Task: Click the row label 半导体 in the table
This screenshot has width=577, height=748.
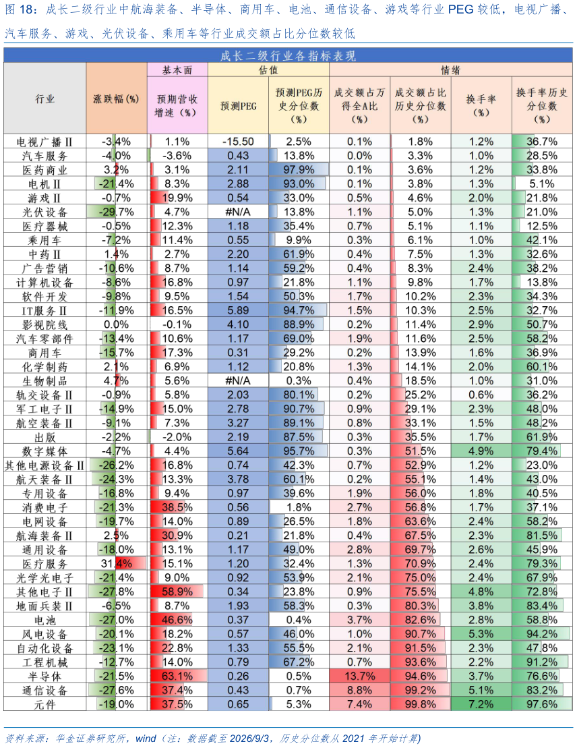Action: (44, 677)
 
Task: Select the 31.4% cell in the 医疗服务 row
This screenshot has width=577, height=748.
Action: (117, 564)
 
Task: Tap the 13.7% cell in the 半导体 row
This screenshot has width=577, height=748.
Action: (359, 677)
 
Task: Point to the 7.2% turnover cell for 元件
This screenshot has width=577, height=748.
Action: (481, 705)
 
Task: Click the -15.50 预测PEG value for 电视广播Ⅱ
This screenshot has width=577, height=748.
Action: (238, 142)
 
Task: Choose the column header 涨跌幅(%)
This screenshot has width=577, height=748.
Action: (117, 99)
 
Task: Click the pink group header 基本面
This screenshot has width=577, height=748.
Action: (177, 70)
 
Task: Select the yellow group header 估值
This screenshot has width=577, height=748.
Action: (268, 70)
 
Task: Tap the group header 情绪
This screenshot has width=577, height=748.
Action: (451, 70)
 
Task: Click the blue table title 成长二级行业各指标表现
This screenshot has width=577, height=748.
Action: (288, 55)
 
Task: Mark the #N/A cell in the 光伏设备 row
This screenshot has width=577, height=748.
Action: (238, 212)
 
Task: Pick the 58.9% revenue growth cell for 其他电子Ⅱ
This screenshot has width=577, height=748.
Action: (177, 592)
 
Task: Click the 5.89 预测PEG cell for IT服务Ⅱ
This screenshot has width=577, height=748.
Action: (238, 310)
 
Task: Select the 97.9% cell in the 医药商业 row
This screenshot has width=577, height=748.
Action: (299, 170)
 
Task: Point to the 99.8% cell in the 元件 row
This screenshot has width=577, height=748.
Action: (420, 705)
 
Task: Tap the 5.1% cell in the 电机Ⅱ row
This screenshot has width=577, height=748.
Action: (542, 183)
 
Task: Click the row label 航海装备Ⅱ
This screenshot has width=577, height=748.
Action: (44, 536)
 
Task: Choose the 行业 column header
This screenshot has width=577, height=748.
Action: (44, 99)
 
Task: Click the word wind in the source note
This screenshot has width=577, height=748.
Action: (146, 739)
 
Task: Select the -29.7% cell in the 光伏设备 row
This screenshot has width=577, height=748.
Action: (117, 212)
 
